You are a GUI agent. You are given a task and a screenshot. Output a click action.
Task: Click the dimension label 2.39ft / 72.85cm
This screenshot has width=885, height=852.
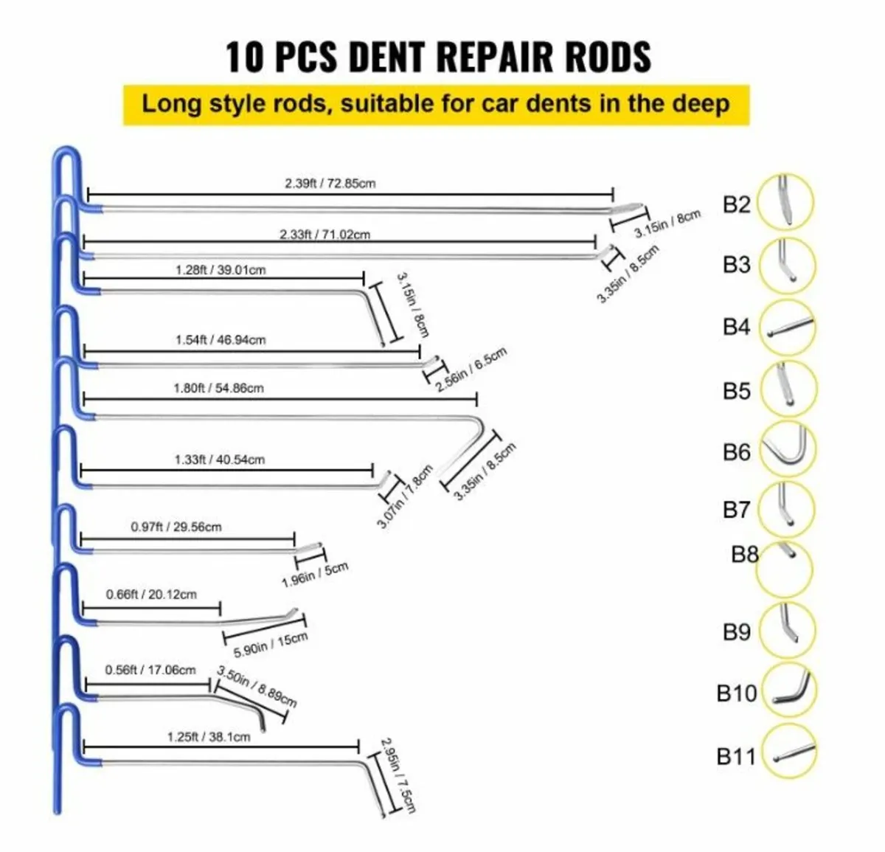pyautogui.click(x=330, y=183)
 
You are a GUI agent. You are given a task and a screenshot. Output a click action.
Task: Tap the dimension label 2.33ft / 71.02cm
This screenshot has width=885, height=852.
pyautogui.click(x=324, y=235)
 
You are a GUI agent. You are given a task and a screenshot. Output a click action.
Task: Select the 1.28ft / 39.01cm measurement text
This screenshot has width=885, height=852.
pyautogui.click(x=221, y=270)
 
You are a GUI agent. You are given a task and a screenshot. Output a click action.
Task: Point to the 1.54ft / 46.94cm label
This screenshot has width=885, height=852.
pyautogui.click(x=221, y=340)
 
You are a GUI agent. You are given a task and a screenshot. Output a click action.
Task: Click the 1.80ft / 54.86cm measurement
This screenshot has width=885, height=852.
pyautogui.click(x=218, y=388)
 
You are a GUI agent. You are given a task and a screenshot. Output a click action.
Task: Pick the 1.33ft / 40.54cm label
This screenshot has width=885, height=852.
pyautogui.click(x=220, y=460)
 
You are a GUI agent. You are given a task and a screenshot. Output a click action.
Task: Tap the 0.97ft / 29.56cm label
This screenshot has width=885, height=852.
pyautogui.click(x=176, y=527)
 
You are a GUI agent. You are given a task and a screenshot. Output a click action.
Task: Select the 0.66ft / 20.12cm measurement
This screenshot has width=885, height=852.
pyautogui.click(x=151, y=595)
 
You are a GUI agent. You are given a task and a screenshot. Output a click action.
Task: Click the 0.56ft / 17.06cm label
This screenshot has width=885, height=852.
pyautogui.click(x=150, y=670)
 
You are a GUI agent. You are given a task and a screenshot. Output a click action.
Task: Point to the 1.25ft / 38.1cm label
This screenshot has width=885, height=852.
pyautogui.click(x=209, y=737)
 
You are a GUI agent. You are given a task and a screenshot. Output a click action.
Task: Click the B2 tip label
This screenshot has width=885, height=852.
pyautogui.click(x=736, y=204)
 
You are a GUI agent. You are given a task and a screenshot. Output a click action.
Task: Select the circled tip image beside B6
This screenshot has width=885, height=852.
pyautogui.click(x=788, y=448)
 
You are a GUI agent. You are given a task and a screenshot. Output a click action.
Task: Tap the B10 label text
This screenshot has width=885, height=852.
pyautogui.click(x=737, y=693)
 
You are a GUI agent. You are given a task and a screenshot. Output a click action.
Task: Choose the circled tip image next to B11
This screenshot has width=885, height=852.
pyautogui.click(x=788, y=752)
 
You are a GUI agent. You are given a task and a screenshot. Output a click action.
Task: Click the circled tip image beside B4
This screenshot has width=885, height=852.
pyautogui.click(x=788, y=327)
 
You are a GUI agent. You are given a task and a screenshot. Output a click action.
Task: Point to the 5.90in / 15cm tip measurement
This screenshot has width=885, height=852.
pyautogui.click(x=270, y=645)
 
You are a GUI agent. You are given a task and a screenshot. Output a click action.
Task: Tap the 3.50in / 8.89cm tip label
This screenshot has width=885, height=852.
pyautogui.click(x=257, y=686)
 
